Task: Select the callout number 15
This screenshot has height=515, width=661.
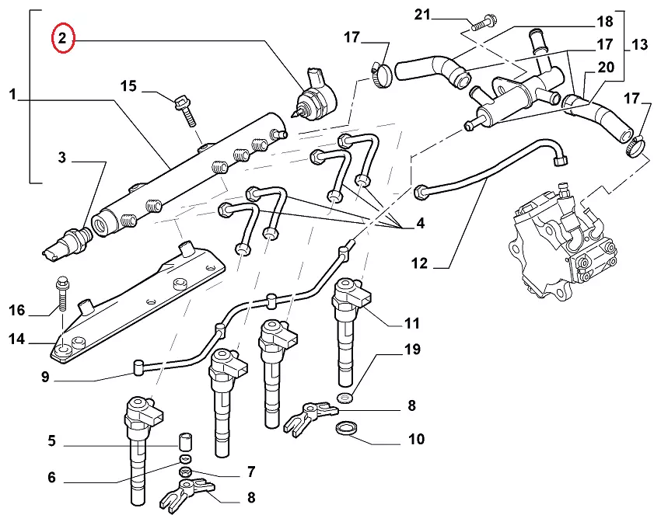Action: click(128, 85)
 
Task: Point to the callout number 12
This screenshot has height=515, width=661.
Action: click(420, 263)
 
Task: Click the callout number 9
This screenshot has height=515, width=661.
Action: click(46, 378)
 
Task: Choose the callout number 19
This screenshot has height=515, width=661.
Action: click(412, 350)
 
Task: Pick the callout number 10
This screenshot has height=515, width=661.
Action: click(416, 440)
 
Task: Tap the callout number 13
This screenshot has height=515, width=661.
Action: click(639, 45)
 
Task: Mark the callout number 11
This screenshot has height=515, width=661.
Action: click(411, 323)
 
